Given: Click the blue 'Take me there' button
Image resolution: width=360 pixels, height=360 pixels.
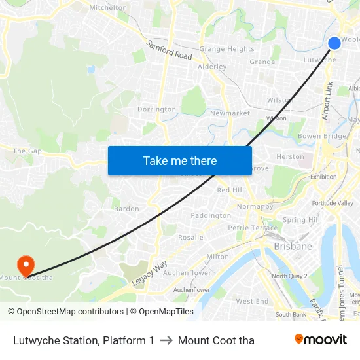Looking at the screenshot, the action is click(x=180, y=160).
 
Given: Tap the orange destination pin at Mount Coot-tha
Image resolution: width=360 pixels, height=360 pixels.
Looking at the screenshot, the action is click(x=26, y=265).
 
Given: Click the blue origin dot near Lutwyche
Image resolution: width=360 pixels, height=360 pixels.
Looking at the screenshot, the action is click(x=334, y=43).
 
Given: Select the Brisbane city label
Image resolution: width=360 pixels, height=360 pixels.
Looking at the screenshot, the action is click(x=293, y=247).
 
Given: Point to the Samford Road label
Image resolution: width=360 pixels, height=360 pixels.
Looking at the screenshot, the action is click(x=169, y=51).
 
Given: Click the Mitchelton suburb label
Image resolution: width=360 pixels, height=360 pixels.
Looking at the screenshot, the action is click(x=108, y=8).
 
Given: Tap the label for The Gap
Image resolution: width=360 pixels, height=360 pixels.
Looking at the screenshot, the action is click(x=27, y=151).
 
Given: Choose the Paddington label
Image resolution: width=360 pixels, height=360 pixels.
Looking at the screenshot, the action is click(x=210, y=215).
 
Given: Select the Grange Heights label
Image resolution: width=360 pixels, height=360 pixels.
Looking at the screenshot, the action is click(x=226, y=49).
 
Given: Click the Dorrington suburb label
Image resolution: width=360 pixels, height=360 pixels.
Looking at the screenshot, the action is click(x=156, y=109).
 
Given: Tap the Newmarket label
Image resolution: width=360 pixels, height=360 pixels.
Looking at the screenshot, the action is click(x=230, y=113).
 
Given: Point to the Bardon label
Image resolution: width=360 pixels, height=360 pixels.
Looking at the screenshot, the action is click(x=126, y=209).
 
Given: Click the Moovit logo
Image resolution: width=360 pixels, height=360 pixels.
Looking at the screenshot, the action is click(x=321, y=340).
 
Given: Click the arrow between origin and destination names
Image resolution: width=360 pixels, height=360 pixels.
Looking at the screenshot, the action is click(x=166, y=340).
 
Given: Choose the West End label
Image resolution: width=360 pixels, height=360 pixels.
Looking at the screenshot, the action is click(x=252, y=302).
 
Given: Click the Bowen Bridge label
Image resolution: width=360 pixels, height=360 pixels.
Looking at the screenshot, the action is click(x=321, y=136).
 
